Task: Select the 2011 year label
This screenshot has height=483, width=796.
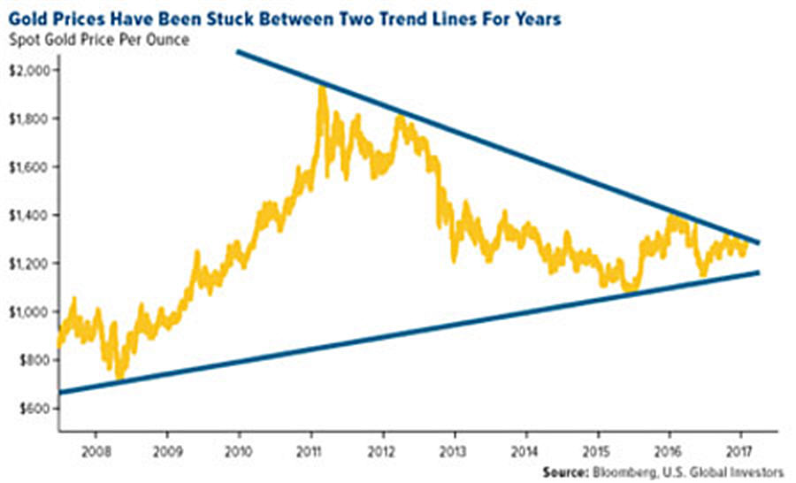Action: tap(310, 448)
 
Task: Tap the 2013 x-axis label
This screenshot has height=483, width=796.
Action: tap(454, 448)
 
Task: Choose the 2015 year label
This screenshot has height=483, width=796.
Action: tap(598, 448)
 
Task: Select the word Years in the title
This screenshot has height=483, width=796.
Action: tap(537, 19)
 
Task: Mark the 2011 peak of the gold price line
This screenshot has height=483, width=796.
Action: tap(320, 88)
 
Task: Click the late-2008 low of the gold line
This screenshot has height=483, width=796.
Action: tap(119, 376)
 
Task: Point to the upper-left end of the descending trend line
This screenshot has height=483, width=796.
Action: tap(238, 52)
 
